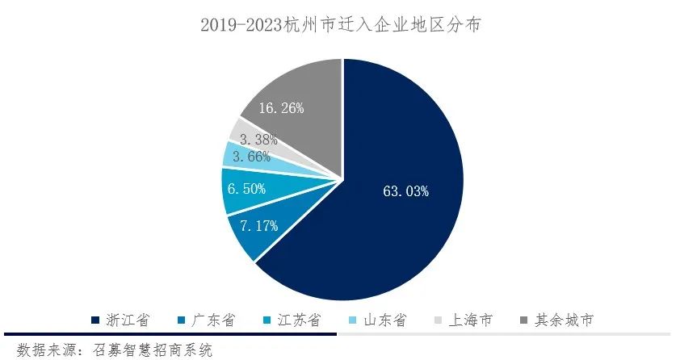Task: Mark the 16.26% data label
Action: pos(281,107)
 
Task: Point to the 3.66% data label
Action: pos(250,157)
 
